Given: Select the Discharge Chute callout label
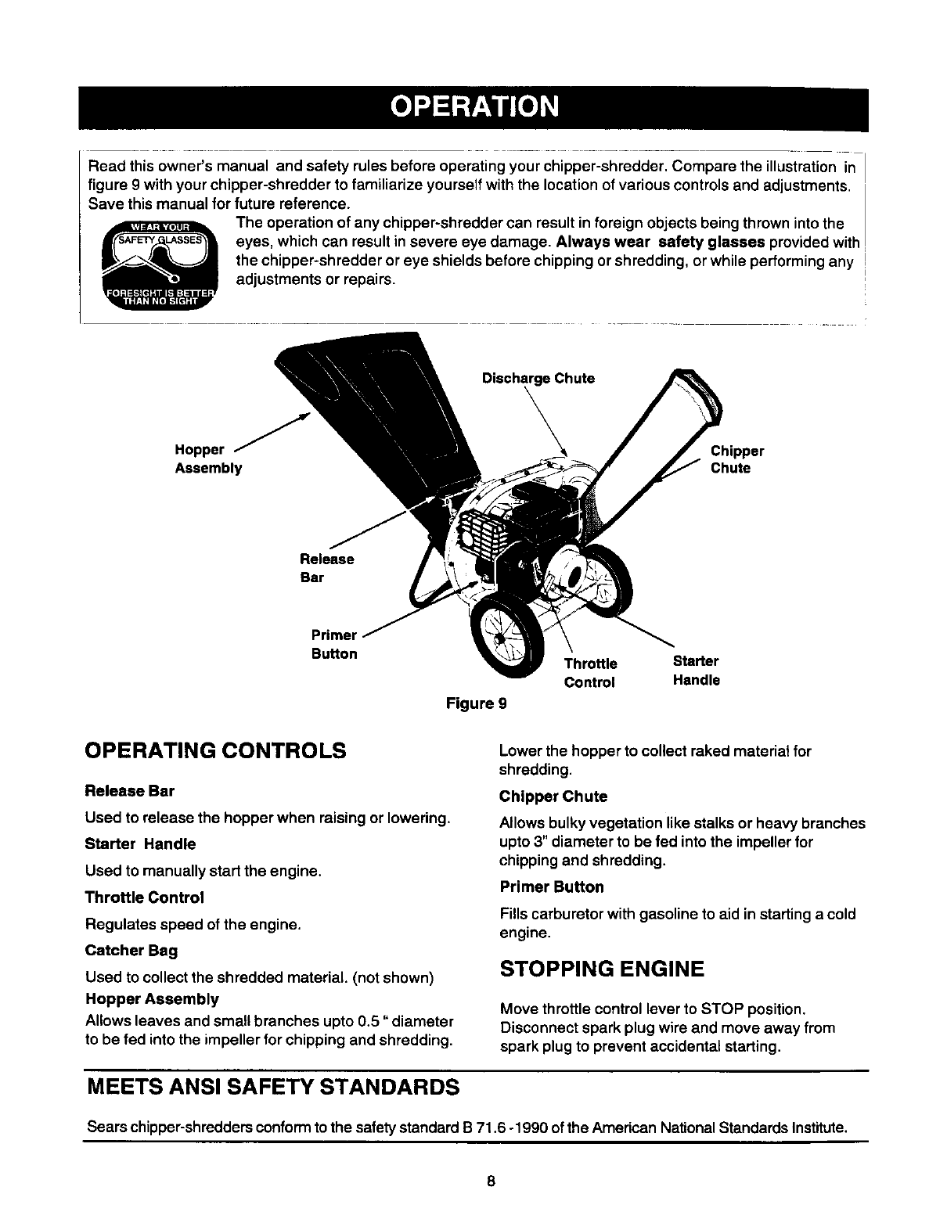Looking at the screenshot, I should [538, 379].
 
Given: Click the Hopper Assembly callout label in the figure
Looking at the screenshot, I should [207, 459].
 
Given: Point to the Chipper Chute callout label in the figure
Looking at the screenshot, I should [736, 459].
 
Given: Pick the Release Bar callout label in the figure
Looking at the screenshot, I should [326, 568].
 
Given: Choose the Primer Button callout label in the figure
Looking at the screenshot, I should [334, 644].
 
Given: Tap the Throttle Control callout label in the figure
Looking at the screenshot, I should [590, 673].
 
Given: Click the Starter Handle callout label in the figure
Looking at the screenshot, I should [696, 671].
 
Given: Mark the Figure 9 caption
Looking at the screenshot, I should [476, 703].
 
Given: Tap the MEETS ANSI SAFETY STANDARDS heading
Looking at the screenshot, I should [272, 1087].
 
